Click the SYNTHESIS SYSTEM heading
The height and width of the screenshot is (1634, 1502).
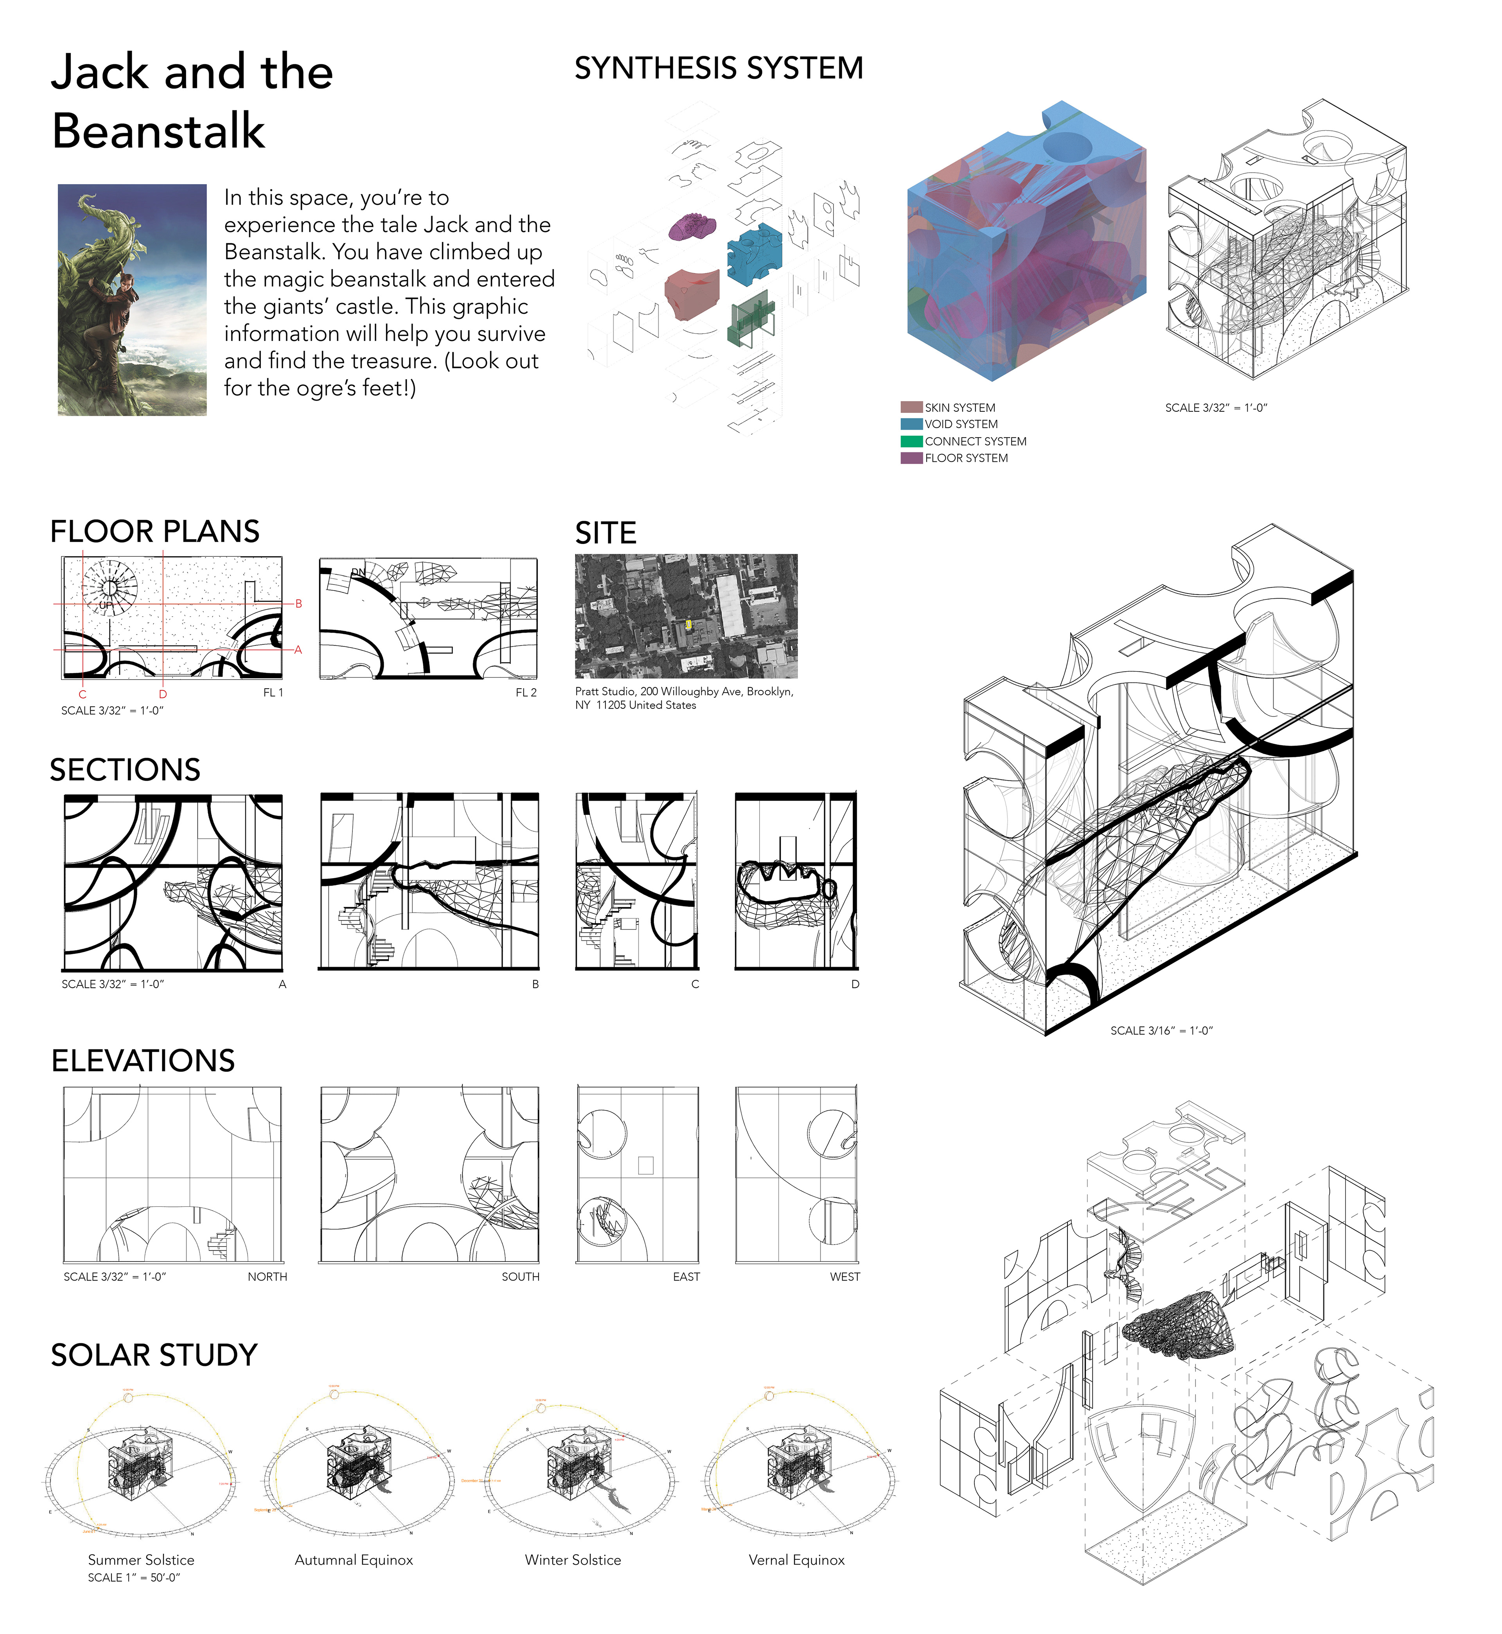point(719,68)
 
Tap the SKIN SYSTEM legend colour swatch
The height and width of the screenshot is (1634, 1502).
point(911,407)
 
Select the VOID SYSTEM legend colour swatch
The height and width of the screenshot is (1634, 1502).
point(911,424)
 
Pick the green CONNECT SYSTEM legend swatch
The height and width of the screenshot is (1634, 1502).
point(911,441)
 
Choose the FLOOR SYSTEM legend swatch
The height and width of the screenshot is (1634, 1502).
point(911,458)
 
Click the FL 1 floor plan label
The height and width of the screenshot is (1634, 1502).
point(273,692)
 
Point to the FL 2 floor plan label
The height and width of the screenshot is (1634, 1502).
point(526,692)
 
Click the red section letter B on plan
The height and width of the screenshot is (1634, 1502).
point(299,604)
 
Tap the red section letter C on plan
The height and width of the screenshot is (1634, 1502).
point(82,695)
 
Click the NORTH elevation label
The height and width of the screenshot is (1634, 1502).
point(268,1277)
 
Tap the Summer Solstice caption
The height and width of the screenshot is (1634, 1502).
point(142,1560)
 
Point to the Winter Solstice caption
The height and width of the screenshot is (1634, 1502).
point(573,1560)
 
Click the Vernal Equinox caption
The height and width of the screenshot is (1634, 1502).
point(796,1560)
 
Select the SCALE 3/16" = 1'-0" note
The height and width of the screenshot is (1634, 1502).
point(1161,1030)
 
